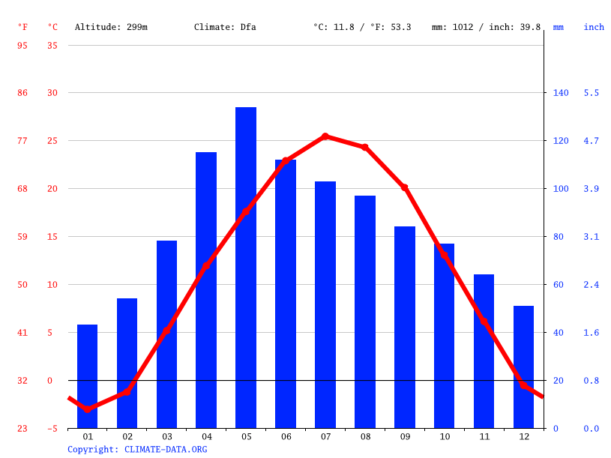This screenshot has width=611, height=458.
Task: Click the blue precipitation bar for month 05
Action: (x=246, y=268)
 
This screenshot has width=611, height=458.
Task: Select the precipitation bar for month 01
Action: (x=88, y=376)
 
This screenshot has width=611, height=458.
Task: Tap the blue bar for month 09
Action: (x=405, y=327)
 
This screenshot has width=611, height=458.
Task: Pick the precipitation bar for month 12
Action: (x=523, y=367)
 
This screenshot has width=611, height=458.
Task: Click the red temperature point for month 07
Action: (x=325, y=136)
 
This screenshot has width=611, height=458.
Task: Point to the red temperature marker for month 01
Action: (x=88, y=409)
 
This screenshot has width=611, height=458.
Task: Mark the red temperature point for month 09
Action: (x=405, y=187)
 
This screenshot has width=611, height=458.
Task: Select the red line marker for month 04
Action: (x=206, y=266)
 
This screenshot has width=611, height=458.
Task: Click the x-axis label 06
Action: (x=286, y=436)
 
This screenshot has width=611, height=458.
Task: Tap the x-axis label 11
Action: (x=484, y=436)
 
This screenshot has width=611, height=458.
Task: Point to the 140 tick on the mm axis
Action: (x=561, y=93)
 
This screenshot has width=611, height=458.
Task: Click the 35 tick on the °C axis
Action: (x=52, y=45)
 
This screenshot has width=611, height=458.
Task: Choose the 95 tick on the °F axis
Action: (x=22, y=45)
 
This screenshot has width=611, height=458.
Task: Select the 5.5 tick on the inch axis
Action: (x=592, y=93)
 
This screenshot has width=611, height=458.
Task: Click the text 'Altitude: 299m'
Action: (x=111, y=27)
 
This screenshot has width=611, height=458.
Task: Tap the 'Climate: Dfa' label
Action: (x=225, y=27)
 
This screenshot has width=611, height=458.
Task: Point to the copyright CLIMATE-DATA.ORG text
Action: (x=137, y=450)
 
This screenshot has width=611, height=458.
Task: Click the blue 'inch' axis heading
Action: (x=594, y=27)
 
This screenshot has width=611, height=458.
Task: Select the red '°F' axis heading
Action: (x=22, y=27)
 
